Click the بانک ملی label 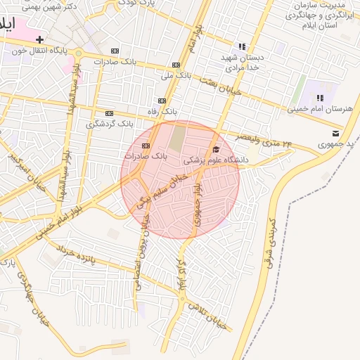click(x=176, y=75)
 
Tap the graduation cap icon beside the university click(x=216, y=149)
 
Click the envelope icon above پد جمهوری click(x=335, y=133)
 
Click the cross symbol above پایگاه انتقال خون click(x=40, y=39)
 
